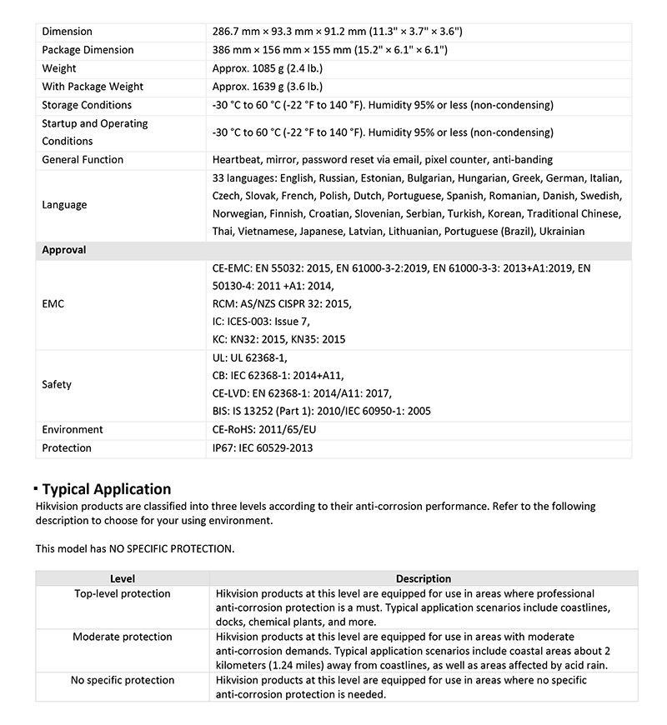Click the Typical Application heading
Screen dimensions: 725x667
106,489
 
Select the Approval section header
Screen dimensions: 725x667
64,249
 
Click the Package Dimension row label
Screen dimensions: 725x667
88,50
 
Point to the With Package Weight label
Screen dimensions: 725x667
93,87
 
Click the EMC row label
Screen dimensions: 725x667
53,304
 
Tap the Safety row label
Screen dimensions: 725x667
57,384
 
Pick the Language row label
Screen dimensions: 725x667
64,204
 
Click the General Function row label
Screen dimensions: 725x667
83,159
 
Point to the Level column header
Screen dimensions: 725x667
123,578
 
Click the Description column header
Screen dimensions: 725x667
423,578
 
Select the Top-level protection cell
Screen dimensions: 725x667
123,593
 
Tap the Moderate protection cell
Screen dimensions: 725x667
123,637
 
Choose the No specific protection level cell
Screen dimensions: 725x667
123,680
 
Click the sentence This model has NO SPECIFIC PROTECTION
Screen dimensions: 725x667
135,548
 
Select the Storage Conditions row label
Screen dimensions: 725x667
87,105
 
